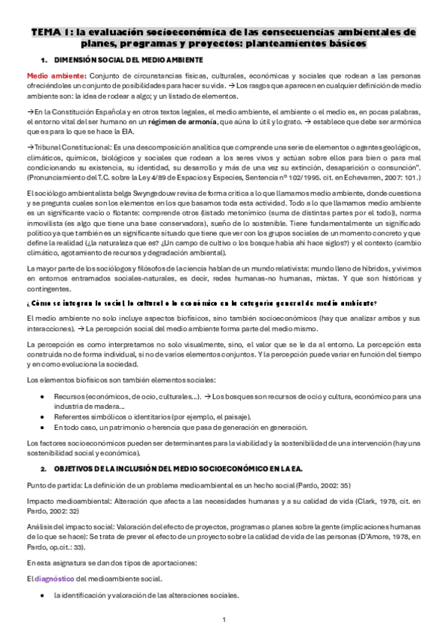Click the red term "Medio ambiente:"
pos(56,76)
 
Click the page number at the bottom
pos(224,620)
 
